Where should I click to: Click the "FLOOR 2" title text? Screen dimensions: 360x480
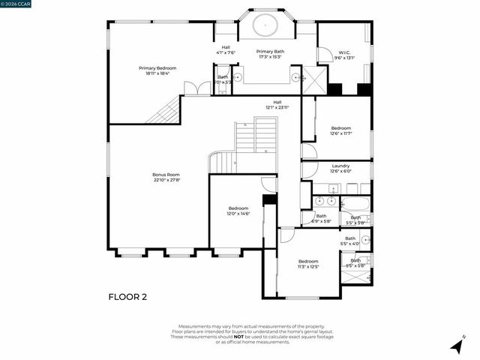pos(127,296)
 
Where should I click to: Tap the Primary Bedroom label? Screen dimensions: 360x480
pos(157,70)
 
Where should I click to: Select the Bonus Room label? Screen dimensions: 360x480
pos(166,177)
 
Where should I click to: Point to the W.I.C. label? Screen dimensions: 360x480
pos(344,54)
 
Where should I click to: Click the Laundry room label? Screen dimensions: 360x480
pos(340,168)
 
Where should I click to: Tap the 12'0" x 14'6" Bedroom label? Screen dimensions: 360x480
pos(238,211)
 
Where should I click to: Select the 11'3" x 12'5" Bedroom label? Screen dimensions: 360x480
pos(308,263)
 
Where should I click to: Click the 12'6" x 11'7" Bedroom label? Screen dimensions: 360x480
pos(340,130)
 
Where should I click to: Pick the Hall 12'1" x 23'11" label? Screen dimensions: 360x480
pos(277,105)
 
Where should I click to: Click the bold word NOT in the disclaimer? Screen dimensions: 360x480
pos(238,337)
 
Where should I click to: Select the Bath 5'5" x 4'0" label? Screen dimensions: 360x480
pos(350,241)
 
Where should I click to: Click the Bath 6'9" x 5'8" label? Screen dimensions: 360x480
pos(320,218)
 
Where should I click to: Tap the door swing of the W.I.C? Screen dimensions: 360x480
pos(325,55)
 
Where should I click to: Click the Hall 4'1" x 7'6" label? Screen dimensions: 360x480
pos(226,49)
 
